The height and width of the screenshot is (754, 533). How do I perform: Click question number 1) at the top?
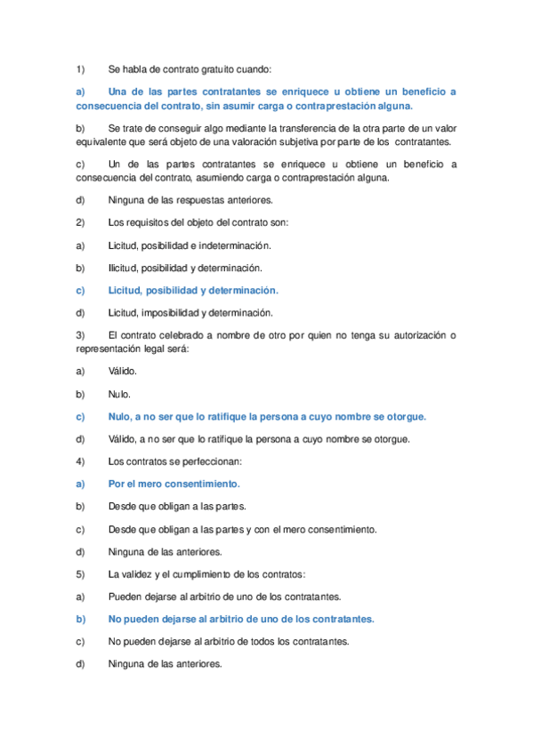79,68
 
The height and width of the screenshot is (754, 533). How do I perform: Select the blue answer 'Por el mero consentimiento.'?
174,484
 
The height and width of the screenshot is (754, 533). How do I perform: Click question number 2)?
79,221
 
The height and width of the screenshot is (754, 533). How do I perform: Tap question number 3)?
79,335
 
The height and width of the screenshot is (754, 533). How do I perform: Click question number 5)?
79,574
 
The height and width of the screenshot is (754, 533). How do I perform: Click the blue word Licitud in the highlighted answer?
127,290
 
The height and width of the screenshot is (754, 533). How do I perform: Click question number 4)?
79,461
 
